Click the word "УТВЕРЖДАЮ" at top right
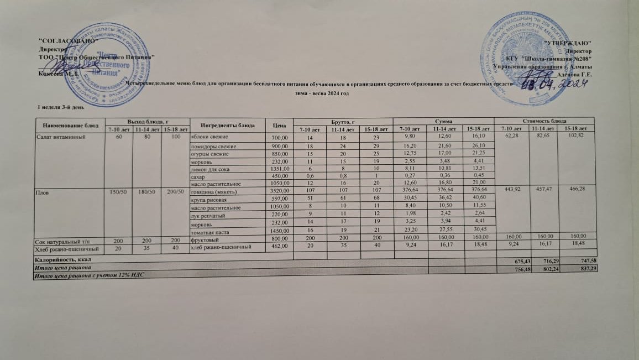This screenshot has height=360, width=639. tap(567, 43)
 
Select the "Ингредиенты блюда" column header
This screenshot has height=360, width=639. tap(227, 125)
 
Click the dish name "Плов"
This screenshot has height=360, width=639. tap(43, 192)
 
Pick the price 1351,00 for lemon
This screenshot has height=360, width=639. tap(279, 169)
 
